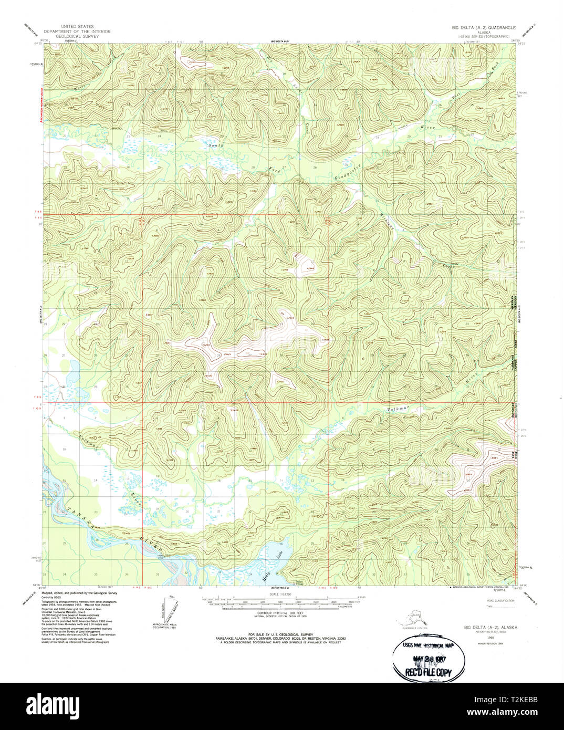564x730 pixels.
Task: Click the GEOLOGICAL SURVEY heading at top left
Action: point(85,36)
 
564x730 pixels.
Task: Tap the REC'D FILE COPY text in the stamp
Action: point(428,672)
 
